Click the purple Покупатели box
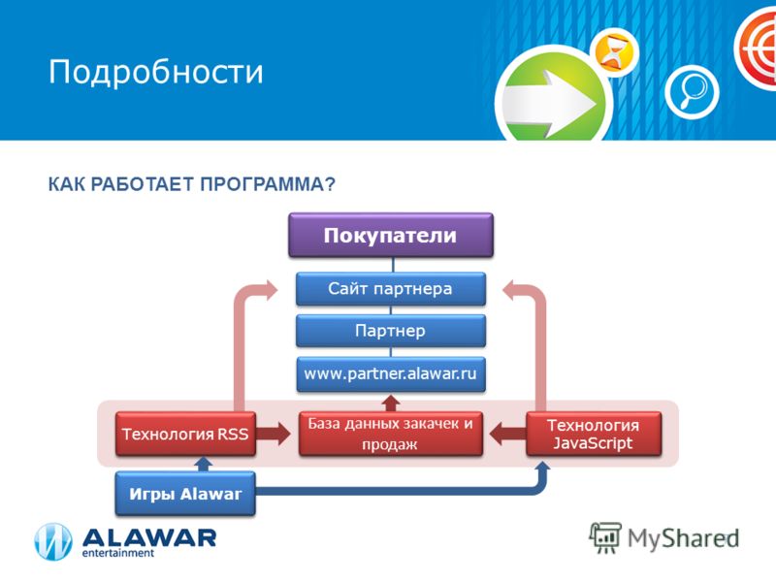tap(391, 235)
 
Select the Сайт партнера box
tap(391, 288)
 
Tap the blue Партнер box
tap(391, 331)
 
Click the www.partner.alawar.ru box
tap(391, 373)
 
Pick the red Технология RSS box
tap(185, 434)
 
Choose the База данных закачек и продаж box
tap(391, 434)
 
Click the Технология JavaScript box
tap(594, 434)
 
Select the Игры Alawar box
tap(185, 494)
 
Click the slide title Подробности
tap(156, 72)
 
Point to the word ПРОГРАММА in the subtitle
tap(268, 184)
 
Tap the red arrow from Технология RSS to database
tap(274, 434)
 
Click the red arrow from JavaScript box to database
tap(507, 434)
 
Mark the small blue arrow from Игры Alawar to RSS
tap(203, 464)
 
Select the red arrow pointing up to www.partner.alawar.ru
tap(391, 403)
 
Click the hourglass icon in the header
tap(615, 52)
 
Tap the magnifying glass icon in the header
tap(692, 91)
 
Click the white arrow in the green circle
tap(549, 104)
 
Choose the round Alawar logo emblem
tap(53, 542)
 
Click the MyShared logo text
tap(683, 538)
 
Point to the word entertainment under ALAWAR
tap(117, 553)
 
